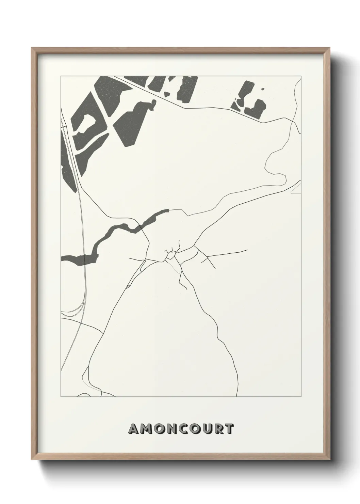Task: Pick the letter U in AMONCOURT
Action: point(213,429)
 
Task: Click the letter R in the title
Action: point(223,429)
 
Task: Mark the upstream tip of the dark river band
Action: point(168,210)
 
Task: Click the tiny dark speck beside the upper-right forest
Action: point(262,89)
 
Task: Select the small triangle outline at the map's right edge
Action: point(297,189)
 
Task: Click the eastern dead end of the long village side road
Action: point(247,251)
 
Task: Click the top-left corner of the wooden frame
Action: point(31,48)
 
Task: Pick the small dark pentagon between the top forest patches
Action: point(167,93)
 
